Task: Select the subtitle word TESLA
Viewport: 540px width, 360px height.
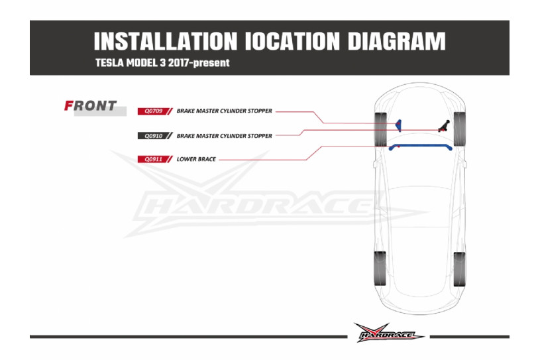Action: [x=111, y=64]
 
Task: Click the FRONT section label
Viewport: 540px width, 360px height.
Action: [x=91, y=105]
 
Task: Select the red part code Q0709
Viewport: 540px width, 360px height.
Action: [x=151, y=111]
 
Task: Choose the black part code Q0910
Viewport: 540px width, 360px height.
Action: [x=151, y=135]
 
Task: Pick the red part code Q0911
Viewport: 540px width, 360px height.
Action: [x=151, y=159]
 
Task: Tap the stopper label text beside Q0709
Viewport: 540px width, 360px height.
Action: [x=225, y=111]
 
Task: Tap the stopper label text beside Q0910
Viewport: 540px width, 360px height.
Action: [x=225, y=135]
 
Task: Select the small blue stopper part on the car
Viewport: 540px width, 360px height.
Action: [x=398, y=124]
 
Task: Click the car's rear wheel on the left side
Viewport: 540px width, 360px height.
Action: [x=380, y=269]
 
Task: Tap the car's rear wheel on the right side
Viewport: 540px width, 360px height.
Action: [x=459, y=269]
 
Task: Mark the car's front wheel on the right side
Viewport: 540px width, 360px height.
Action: [x=458, y=129]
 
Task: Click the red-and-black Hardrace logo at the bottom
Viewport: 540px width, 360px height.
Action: [x=388, y=333]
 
